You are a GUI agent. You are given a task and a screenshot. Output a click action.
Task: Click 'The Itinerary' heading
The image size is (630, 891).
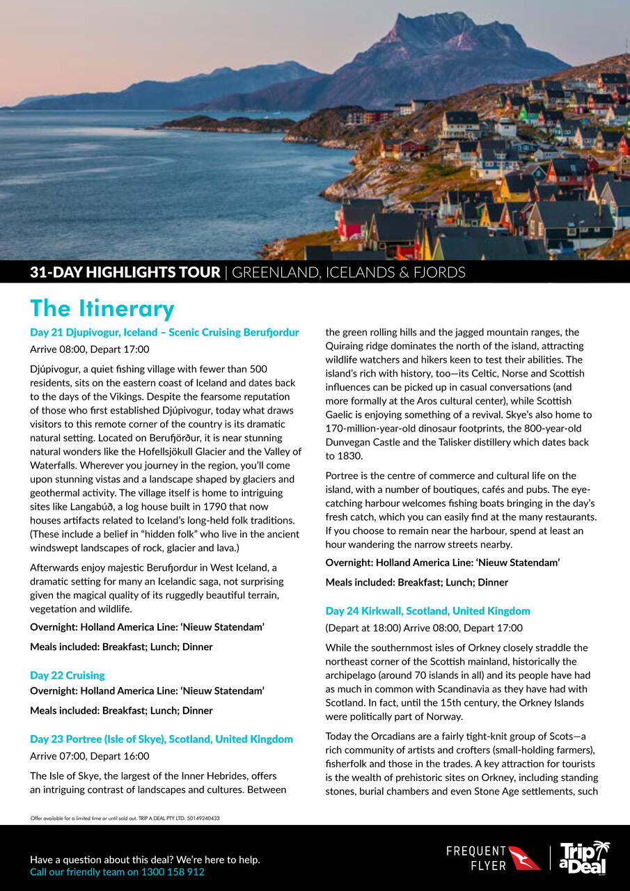[x=102, y=308]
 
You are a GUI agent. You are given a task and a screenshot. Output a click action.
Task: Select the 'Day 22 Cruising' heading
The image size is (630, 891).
[x=68, y=675]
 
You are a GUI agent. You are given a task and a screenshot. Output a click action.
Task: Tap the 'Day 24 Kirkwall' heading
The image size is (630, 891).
[x=427, y=610]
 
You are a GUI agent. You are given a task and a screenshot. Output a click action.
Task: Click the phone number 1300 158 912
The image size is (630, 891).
[x=173, y=872]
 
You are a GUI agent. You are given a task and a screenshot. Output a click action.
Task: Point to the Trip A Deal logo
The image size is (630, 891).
[x=583, y=858]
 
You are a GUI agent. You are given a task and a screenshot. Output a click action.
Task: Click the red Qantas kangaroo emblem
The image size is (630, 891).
[x=524, y=858]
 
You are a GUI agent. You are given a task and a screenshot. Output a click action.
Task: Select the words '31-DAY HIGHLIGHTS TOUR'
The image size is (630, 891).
[x=125, y=272]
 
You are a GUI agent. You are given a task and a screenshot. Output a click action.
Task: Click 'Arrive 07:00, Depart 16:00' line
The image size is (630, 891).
[x=89, y=756]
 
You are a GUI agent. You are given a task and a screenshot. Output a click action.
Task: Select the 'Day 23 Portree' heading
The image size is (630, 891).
[x=162, y=739]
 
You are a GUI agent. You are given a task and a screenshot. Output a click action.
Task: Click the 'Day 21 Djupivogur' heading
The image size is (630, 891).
[x=164, y=332]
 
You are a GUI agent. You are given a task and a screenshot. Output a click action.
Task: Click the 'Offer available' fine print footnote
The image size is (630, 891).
[x=125, y=818]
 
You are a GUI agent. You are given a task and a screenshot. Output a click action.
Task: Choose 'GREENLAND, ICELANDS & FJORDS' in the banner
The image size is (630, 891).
[x=348, y=272]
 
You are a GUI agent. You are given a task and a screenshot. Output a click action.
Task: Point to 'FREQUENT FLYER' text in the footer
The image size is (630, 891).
[x=476, y=858]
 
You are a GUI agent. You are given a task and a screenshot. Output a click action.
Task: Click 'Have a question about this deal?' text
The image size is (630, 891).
[x=145, y=860]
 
